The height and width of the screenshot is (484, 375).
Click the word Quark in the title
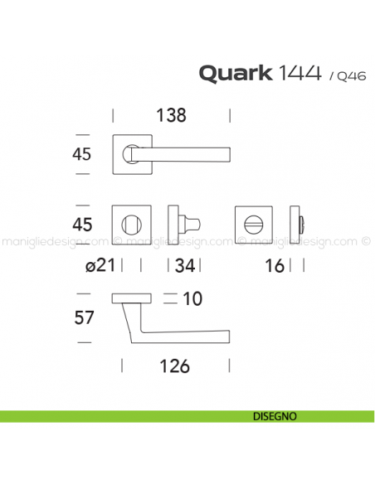point(234,73)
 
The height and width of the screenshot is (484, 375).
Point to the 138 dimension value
point(171,116)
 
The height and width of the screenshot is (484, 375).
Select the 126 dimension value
point(175,365)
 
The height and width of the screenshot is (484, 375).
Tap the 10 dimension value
point(193,298)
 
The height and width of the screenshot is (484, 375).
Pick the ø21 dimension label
point(99,265)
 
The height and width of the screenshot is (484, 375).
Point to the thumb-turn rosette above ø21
point(131,225)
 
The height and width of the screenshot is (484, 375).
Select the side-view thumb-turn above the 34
point(183,225)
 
